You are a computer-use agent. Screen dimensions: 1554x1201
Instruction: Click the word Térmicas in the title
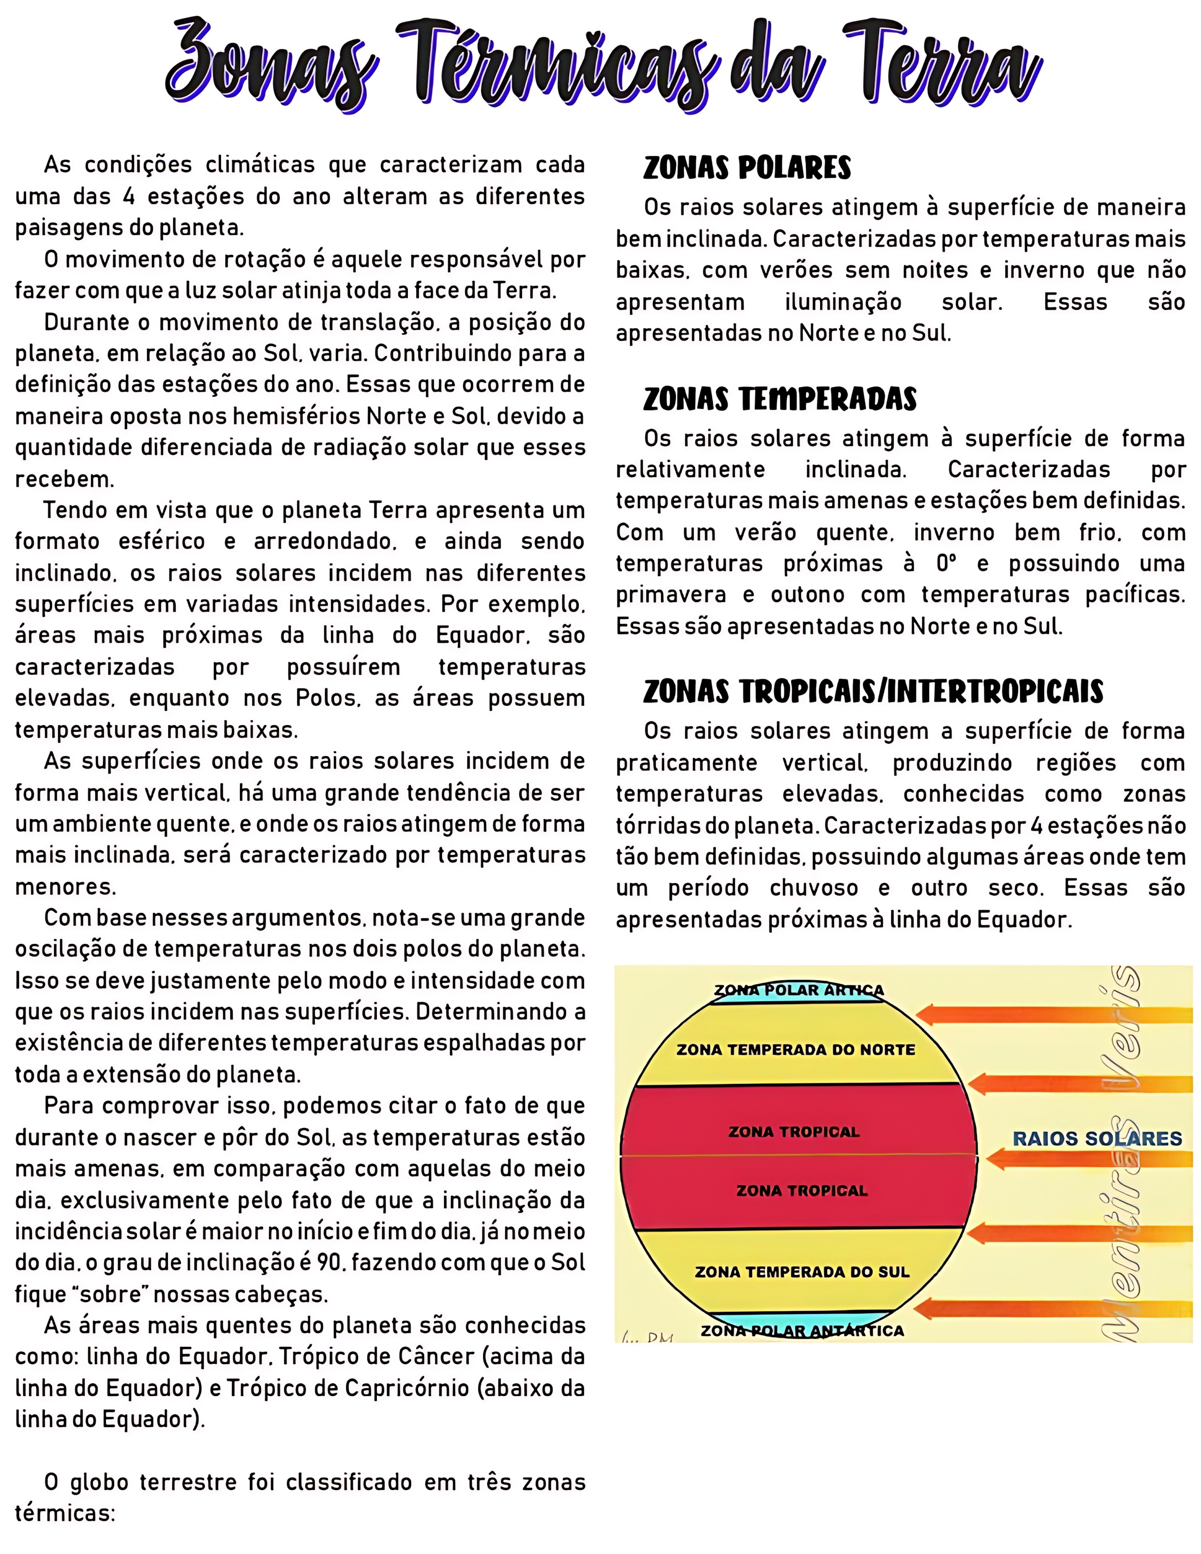coord(555,64)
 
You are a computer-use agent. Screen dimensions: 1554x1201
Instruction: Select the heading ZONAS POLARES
coord(747,168)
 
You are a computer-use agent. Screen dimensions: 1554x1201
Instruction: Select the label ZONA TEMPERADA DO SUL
coord(802,1271)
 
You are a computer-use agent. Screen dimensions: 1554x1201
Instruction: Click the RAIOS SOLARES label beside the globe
coord(1097,1138)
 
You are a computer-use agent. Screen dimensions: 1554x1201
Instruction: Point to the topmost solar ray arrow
coord(1053,1013)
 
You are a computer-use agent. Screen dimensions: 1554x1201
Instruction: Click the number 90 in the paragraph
coord(329,1262)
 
